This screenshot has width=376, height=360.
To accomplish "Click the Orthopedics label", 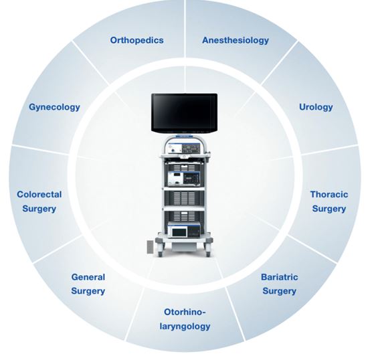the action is [136, 40].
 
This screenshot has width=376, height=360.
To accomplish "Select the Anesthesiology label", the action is [236, 40].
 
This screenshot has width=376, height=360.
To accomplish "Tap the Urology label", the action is [316, 107].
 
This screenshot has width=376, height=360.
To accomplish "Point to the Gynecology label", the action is [54, 107].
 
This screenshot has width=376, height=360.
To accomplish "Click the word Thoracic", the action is [329, 194].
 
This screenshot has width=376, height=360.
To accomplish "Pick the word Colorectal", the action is [39, 194].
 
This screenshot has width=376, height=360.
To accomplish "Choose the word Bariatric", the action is [280, 277].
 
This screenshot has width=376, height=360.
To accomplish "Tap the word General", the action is [88, 277].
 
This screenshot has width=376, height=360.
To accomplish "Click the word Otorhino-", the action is [185, 312].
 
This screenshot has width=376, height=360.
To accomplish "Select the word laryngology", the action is [185, 327].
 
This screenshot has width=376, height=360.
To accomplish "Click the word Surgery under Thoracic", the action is [329, 209].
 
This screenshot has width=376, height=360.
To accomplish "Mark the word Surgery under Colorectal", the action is [39, 209].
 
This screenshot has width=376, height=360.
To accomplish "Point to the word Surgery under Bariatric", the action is [280, 291].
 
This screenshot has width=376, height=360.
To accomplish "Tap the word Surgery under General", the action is [88, 291].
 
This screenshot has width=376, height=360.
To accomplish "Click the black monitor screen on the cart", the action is [185, 112].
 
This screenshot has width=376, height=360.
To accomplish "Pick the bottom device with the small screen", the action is [184, 230].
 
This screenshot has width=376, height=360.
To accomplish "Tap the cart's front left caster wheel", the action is [160, 252].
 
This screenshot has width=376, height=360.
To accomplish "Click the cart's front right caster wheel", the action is [208, 252].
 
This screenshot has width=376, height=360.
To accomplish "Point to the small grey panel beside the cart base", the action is [151, 247].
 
